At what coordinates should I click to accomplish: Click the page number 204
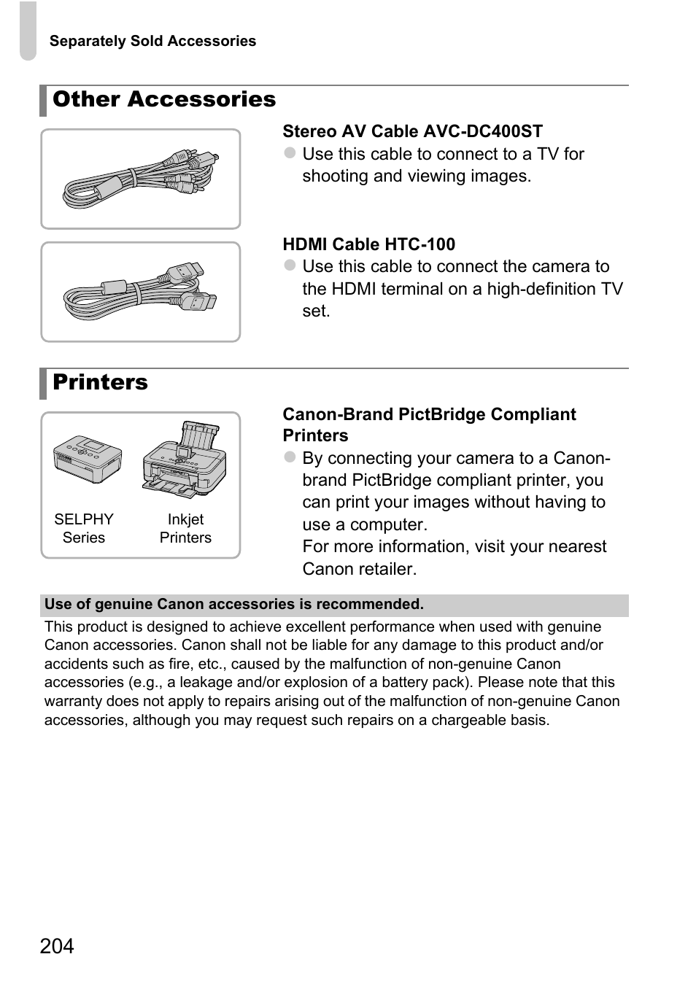pos(57,946)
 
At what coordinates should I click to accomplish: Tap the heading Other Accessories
pos(164,99)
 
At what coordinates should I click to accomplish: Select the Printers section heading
pos(100,382)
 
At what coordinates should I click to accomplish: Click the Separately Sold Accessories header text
pos(152,42)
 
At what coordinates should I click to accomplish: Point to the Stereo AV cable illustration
pos(140,179)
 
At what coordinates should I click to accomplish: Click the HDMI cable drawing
pos(140,292)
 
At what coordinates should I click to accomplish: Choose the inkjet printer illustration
pos(185,460)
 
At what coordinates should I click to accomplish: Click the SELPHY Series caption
pos(84,528)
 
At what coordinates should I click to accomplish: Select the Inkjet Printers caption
pos(185,528)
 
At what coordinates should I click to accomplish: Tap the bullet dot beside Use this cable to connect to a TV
pos(290,153)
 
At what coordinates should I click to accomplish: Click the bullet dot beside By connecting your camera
pos(290,457)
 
